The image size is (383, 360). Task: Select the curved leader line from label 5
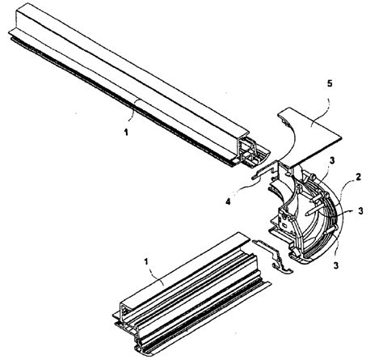pos(323,100)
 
